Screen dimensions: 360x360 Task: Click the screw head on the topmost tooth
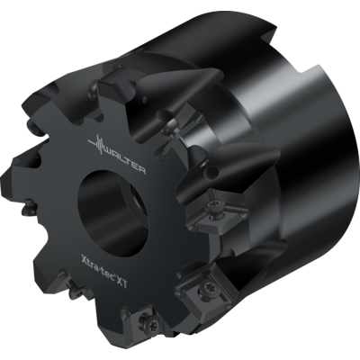click(x=117, y=94)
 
